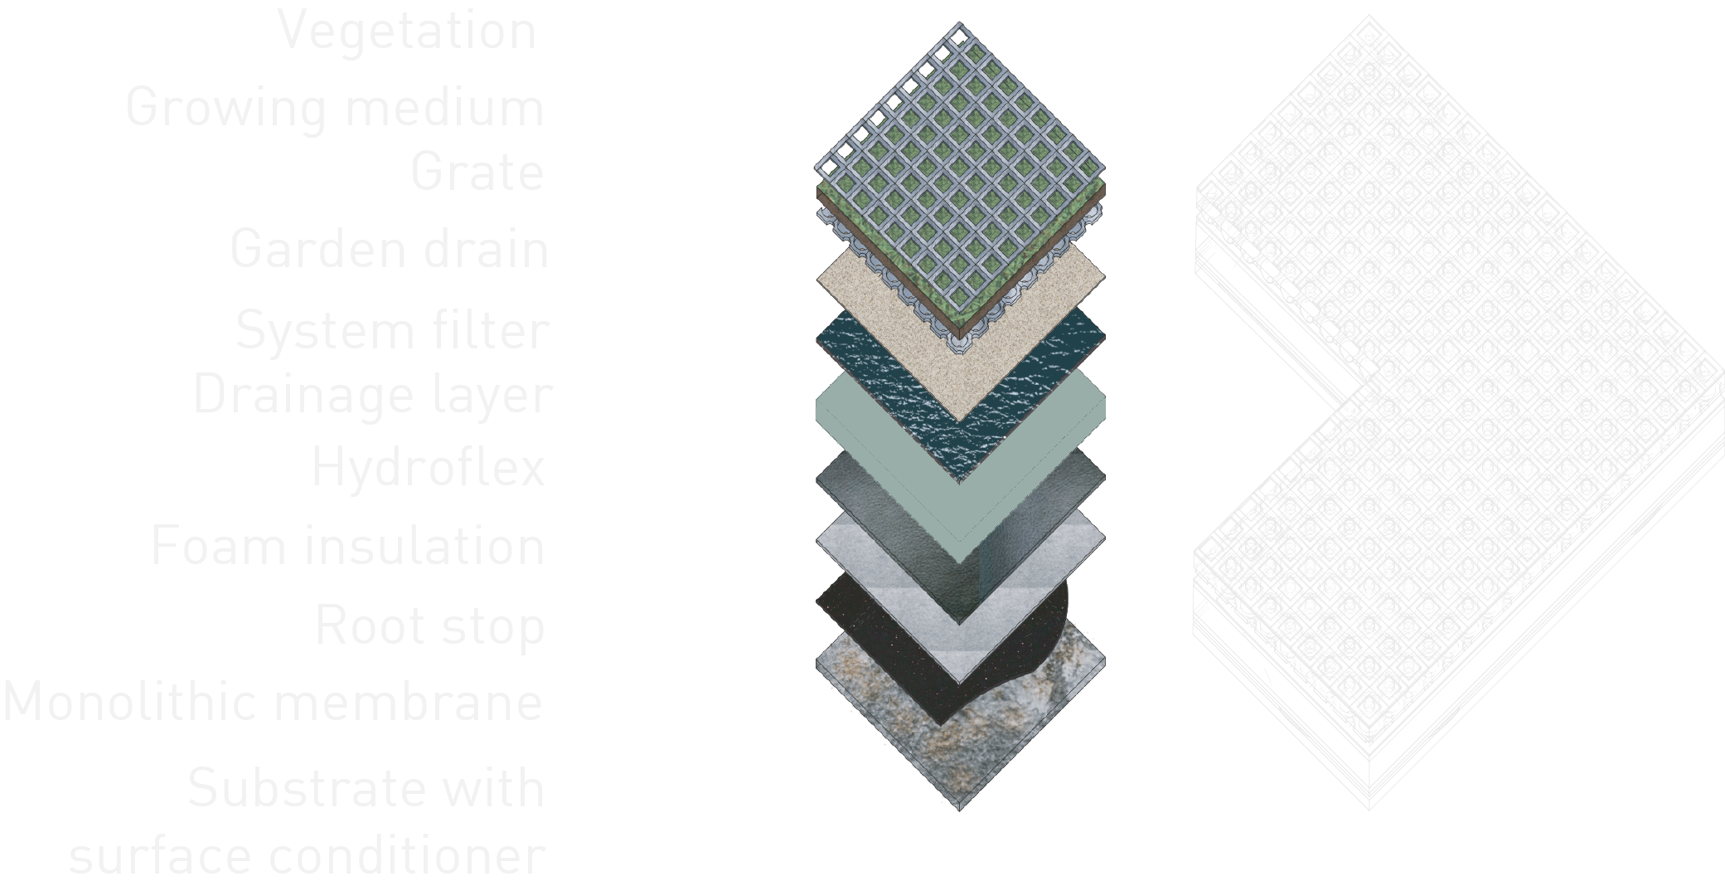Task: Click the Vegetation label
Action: tap(407, 32)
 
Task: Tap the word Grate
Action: tap(477, 172)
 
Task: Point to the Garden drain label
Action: tap(389, 249)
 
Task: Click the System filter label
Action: tap(391, 330)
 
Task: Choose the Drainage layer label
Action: tap(371, 396)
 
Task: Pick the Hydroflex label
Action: tap(428, 466)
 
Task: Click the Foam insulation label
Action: tap(347, 546)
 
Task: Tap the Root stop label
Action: tap(429, 626)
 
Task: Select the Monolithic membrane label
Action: tap(273, 702)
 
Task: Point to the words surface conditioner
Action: tap(307, 855)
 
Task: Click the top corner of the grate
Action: tap(960, 22)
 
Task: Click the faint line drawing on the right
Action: tap(1459, 412)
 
